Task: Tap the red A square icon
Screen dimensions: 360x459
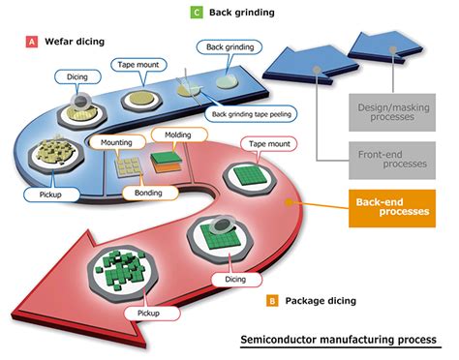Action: coord(32,43)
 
